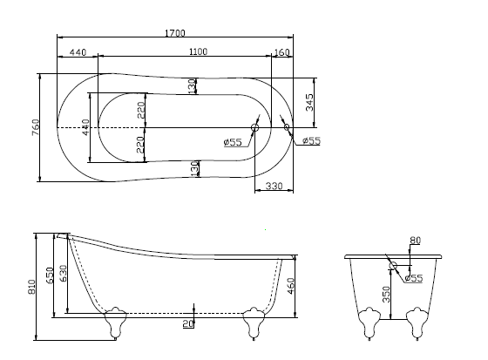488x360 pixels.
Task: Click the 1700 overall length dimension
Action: tap(174, 33)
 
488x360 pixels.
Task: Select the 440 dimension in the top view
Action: tap(78, 52)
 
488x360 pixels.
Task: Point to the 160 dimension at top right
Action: tap(281, 52)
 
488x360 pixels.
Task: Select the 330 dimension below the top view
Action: tap(273, 187)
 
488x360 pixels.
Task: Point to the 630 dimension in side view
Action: tap(63, 278)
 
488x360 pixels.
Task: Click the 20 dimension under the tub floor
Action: tap(186, 324)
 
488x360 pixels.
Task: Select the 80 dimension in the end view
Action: tap(414, 240)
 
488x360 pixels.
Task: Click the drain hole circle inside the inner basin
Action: tap(254, 128)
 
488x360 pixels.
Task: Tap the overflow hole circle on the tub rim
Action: tap(288, 127)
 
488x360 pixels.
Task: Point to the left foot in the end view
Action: tap(369, 324)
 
